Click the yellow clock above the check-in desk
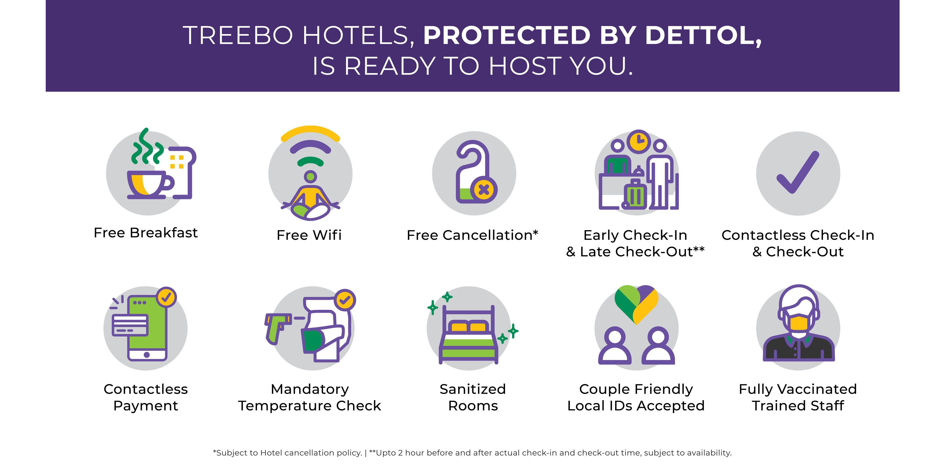639,141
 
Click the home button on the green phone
147,355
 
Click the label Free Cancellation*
472,235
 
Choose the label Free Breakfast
146,233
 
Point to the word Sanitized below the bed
472,389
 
